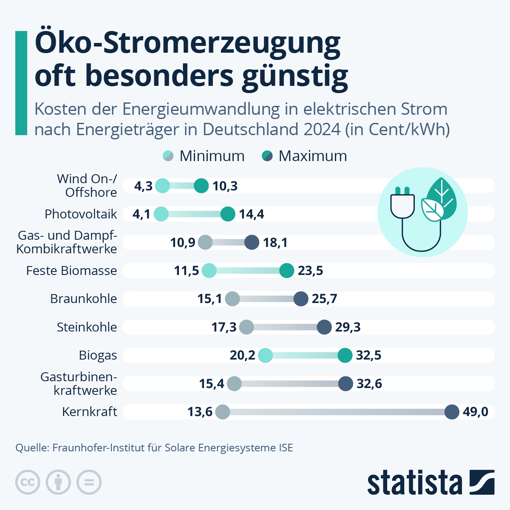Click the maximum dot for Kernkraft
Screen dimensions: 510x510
click(x=452, y=412)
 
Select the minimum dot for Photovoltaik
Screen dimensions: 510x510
click(x=161, y=214)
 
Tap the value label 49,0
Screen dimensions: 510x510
click(x=476, y=412)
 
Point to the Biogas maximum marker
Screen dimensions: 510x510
click(x=345, y=355)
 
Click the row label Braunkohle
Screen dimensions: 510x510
click(x=83, y=299)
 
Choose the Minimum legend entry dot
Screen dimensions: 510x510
click(x=168, y=156)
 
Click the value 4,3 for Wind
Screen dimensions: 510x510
click(x=143, y=186)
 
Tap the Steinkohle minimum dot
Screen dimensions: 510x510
click(x=246, y=327)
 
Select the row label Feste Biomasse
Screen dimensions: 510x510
click(x=71, y=271)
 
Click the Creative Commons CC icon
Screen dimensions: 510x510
click(x=28, y=482)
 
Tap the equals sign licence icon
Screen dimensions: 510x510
click(x=89, y=482)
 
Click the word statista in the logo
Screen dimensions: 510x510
click(x=414, y=483)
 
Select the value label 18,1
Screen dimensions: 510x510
click(x=275, y=243)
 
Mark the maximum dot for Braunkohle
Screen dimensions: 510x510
click(x=301, y=299)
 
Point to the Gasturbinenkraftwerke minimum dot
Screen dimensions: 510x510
click(x=234, y=384)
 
